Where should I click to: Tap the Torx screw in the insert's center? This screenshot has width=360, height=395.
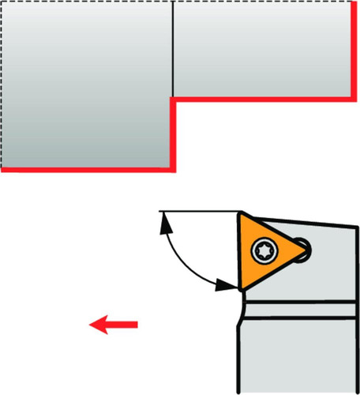click(261, 251)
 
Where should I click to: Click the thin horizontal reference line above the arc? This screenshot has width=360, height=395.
click(197, 212)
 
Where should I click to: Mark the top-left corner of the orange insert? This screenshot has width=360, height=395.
click(240, 213)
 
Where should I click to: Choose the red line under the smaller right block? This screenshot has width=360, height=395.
click(261, 98)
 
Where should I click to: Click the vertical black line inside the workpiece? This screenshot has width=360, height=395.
click(171, 47)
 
